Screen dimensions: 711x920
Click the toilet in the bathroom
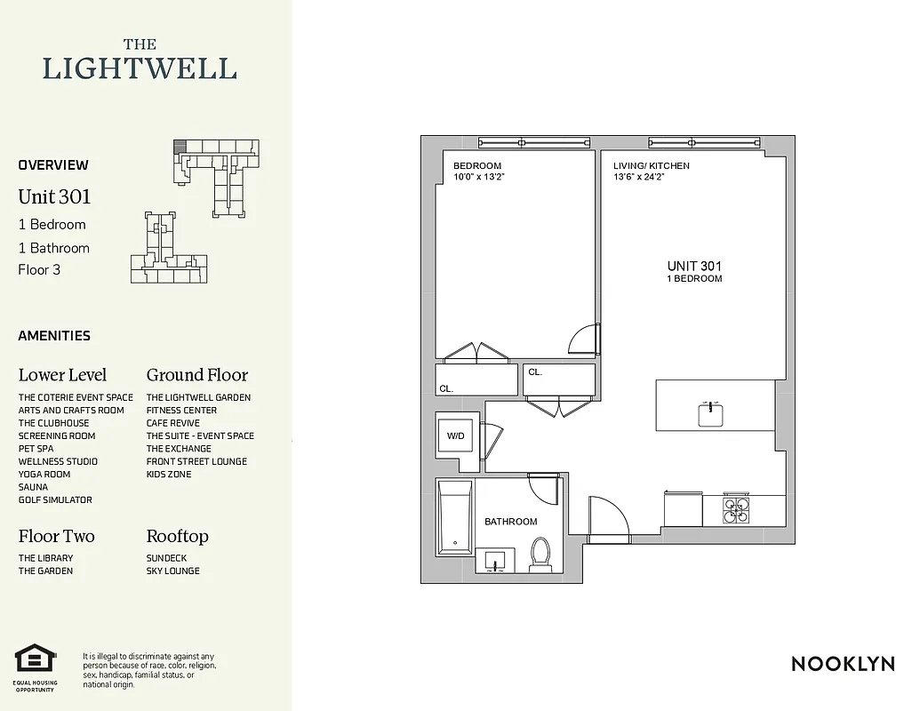540,555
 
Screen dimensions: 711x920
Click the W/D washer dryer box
455,436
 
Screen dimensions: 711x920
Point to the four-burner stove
736,509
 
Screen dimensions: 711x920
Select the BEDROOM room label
477,166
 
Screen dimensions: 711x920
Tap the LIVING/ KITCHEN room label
651,166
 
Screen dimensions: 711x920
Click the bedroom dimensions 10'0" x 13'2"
479,177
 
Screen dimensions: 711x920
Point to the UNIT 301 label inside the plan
694,266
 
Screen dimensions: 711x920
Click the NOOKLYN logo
843,664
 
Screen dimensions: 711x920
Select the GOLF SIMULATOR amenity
55,499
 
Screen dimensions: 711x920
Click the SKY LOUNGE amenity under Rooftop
172,571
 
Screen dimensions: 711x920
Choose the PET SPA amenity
36,449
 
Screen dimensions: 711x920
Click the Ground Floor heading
196,375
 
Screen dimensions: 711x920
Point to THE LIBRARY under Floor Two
45,558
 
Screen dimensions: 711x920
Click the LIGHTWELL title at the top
140,68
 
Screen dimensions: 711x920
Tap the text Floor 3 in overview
39,270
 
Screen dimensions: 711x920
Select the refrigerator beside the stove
683,509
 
